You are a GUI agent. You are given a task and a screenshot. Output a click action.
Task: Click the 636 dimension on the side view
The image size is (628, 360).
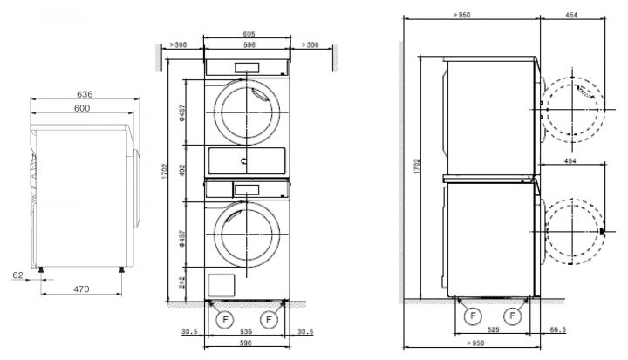(85, 94)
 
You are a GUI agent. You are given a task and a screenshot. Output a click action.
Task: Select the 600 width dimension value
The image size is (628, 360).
(82, 108)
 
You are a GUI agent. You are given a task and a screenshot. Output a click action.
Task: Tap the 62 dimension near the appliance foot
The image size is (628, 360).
(18, 275)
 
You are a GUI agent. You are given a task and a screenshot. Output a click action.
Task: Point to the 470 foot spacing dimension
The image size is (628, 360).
(81, 289)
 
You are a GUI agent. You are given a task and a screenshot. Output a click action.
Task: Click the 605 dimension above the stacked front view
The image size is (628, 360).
(249, 34)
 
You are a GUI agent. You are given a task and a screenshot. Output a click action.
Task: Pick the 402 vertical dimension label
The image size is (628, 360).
(181, 172)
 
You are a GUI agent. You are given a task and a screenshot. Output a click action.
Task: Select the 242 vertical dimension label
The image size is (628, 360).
(181, 282)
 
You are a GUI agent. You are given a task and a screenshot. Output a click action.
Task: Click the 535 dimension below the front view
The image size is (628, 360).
(246, 331)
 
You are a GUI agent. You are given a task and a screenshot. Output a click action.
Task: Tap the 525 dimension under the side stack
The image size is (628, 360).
(493, 330)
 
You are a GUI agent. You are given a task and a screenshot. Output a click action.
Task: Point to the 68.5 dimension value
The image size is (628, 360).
(558, 330)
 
